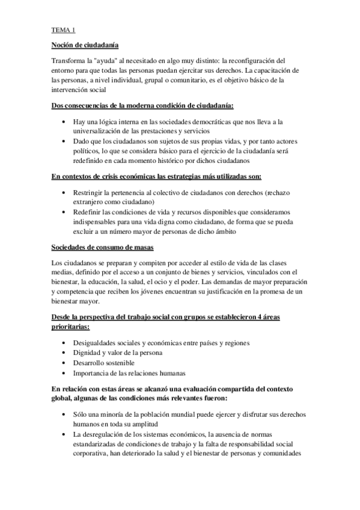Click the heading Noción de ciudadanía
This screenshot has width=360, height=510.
coord(85,45)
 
